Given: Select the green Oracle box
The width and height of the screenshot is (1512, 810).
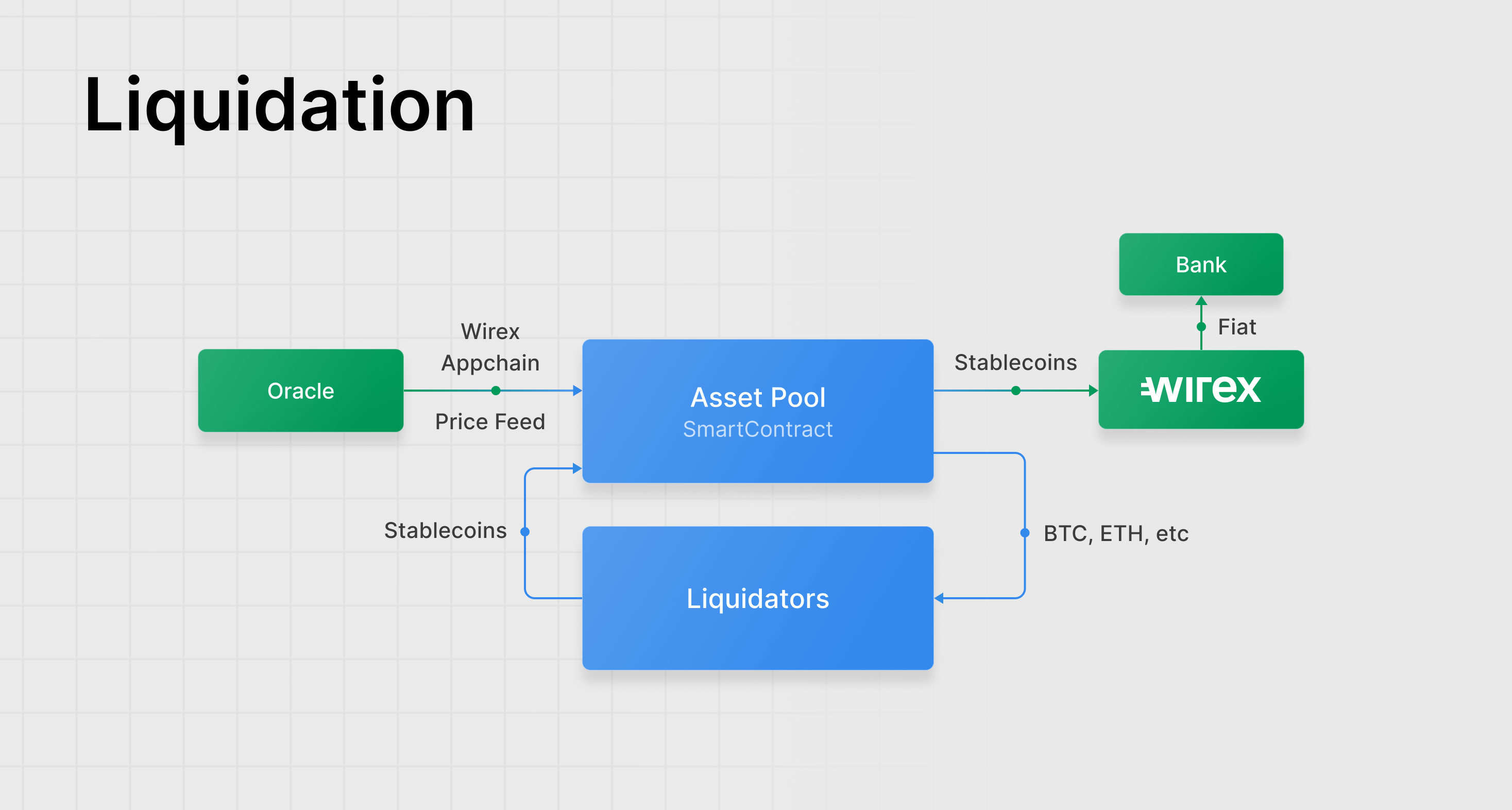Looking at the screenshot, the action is pos(300,391).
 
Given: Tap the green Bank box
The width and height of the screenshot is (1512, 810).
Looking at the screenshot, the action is pos(1201,264).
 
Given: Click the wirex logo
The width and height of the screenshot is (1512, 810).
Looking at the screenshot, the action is pos(1201,389).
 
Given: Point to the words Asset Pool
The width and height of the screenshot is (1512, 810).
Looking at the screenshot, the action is pos(758,397).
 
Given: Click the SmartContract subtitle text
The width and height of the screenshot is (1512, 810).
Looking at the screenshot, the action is pos(758,429).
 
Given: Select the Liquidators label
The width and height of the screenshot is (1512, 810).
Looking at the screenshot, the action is pos(758,599).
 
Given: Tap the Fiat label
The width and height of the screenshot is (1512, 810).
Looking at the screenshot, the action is pos(1237,327).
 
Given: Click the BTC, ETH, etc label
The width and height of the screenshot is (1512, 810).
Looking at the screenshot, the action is pos(1116,533).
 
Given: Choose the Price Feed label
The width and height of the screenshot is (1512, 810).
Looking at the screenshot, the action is pos(490,421).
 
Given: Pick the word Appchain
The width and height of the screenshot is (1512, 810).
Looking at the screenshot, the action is pos(490,363).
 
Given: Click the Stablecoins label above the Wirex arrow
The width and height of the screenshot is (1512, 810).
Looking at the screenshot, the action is pos(1015,362).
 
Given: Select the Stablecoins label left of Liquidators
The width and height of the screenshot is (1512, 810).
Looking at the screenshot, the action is pos(446,531).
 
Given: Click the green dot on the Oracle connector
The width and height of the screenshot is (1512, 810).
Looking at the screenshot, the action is pos(496,391).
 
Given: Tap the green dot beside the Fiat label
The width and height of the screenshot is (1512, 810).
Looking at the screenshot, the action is pos(1201,327).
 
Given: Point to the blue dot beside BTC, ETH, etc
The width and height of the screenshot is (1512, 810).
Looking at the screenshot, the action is pos(1025,533).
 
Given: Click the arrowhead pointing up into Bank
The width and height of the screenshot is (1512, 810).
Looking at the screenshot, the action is pos(1201,300).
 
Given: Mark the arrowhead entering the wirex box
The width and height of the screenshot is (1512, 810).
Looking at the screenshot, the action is pos(1094,391).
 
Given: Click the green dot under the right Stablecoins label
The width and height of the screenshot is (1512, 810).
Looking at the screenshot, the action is pos(1016,391).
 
